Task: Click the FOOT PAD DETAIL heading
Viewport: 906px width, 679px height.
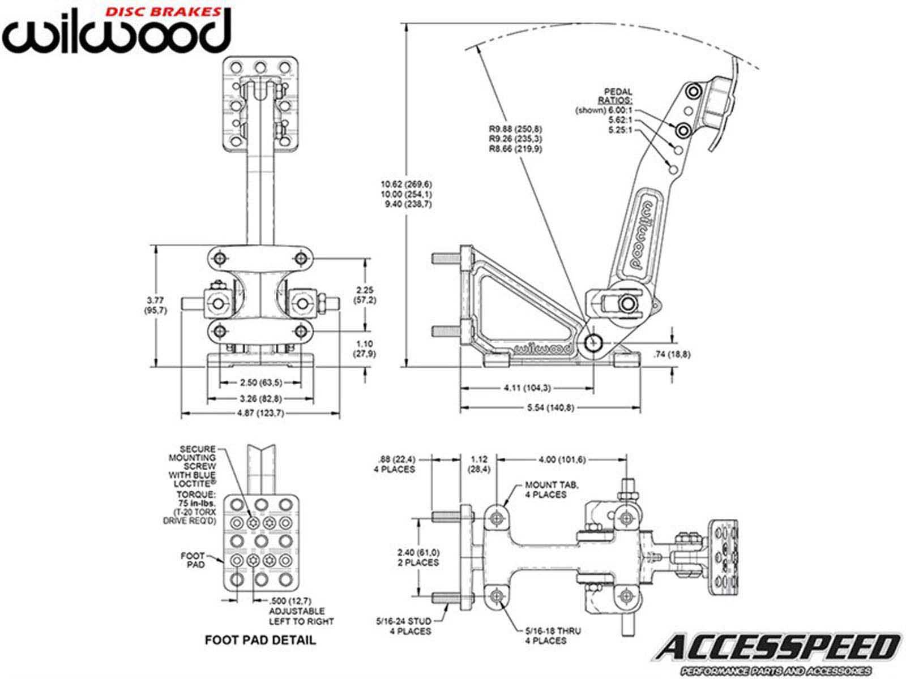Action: (260, 641)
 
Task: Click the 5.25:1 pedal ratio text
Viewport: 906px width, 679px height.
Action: (619, 130)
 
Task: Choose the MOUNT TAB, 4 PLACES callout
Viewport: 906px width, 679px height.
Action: (545, 489)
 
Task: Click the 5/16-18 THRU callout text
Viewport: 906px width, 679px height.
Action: (546, 635)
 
